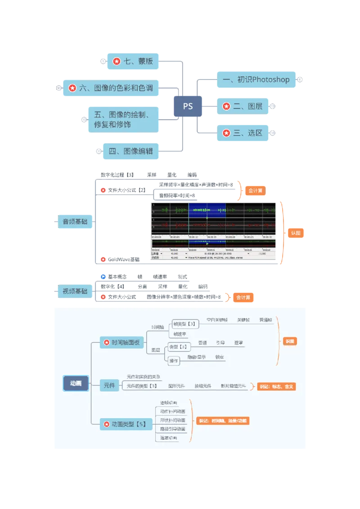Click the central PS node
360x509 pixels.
[x=188, y=107]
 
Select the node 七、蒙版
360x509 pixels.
[x=133, y=61]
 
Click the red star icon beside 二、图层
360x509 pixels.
[x=226, y=107]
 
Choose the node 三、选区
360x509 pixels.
[x=243, y=133]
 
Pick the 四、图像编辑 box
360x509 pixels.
[x=130, y=152]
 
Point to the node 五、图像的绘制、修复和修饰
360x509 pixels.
[x=124, y=119]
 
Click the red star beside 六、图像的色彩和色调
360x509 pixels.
[x=72, y=88]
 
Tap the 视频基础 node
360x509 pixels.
[x=72, y=291]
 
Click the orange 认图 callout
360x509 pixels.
[x=295, y=233]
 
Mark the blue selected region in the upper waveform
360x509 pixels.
[x=207, y=210]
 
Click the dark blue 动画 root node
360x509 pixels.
[x=76, y=384]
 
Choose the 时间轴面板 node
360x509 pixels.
[x=122, y=343]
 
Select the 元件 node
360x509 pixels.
[x=109, y=385]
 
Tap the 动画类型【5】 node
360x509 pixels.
[x=125, y=424]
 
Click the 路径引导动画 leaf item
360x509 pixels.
[x=173, y=429]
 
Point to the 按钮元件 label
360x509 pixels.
[x=202, y=386]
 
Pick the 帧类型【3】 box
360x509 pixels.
[x=183, y=324]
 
